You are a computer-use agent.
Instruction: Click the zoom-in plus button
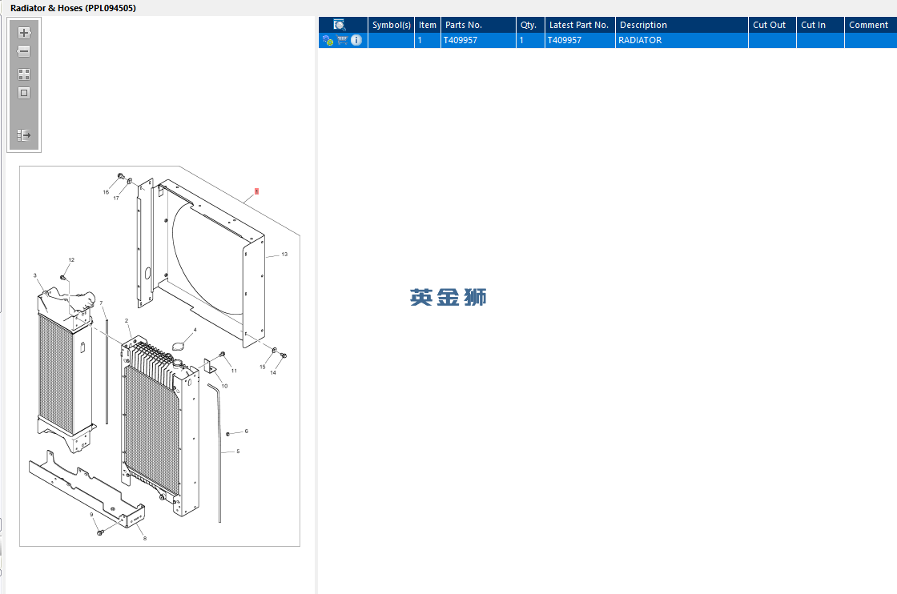pos(24,33)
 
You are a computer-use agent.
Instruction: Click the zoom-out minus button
pos(24,51)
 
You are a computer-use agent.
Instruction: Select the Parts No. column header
pos(464,25)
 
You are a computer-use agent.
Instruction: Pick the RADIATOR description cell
pos(640,40)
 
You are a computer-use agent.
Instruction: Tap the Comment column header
pos(868,25)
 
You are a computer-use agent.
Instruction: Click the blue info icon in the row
pos(356,40)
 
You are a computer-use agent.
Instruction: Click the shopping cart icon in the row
pos(342,40)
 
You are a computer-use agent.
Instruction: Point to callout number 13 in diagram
pos(284,255)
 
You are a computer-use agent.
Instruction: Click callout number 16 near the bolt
pos(105,192)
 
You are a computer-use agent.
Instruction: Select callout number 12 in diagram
pos(71,260)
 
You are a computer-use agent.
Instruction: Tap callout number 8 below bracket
pos(144,538)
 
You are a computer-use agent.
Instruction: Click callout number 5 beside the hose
pos(238,452)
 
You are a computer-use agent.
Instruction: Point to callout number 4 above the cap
pos(195,329)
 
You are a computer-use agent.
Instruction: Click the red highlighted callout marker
pos(256,191)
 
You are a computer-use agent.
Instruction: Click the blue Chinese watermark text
pos(448,298)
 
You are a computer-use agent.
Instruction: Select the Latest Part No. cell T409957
pos(565,40)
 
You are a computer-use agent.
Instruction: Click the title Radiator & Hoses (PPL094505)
pos(73,8)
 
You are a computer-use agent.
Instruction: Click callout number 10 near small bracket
pos(224,386)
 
